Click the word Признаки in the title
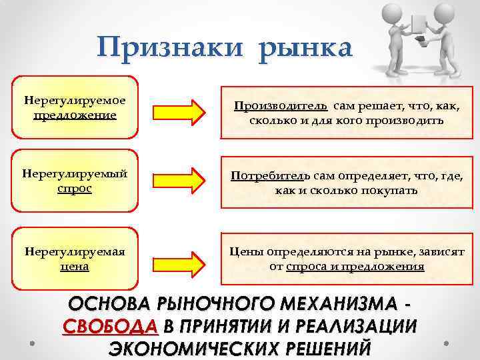click(171, 48)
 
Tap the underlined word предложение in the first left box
click(74, 115)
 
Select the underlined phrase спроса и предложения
click(355, 267)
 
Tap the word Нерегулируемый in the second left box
click(74, 175)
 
